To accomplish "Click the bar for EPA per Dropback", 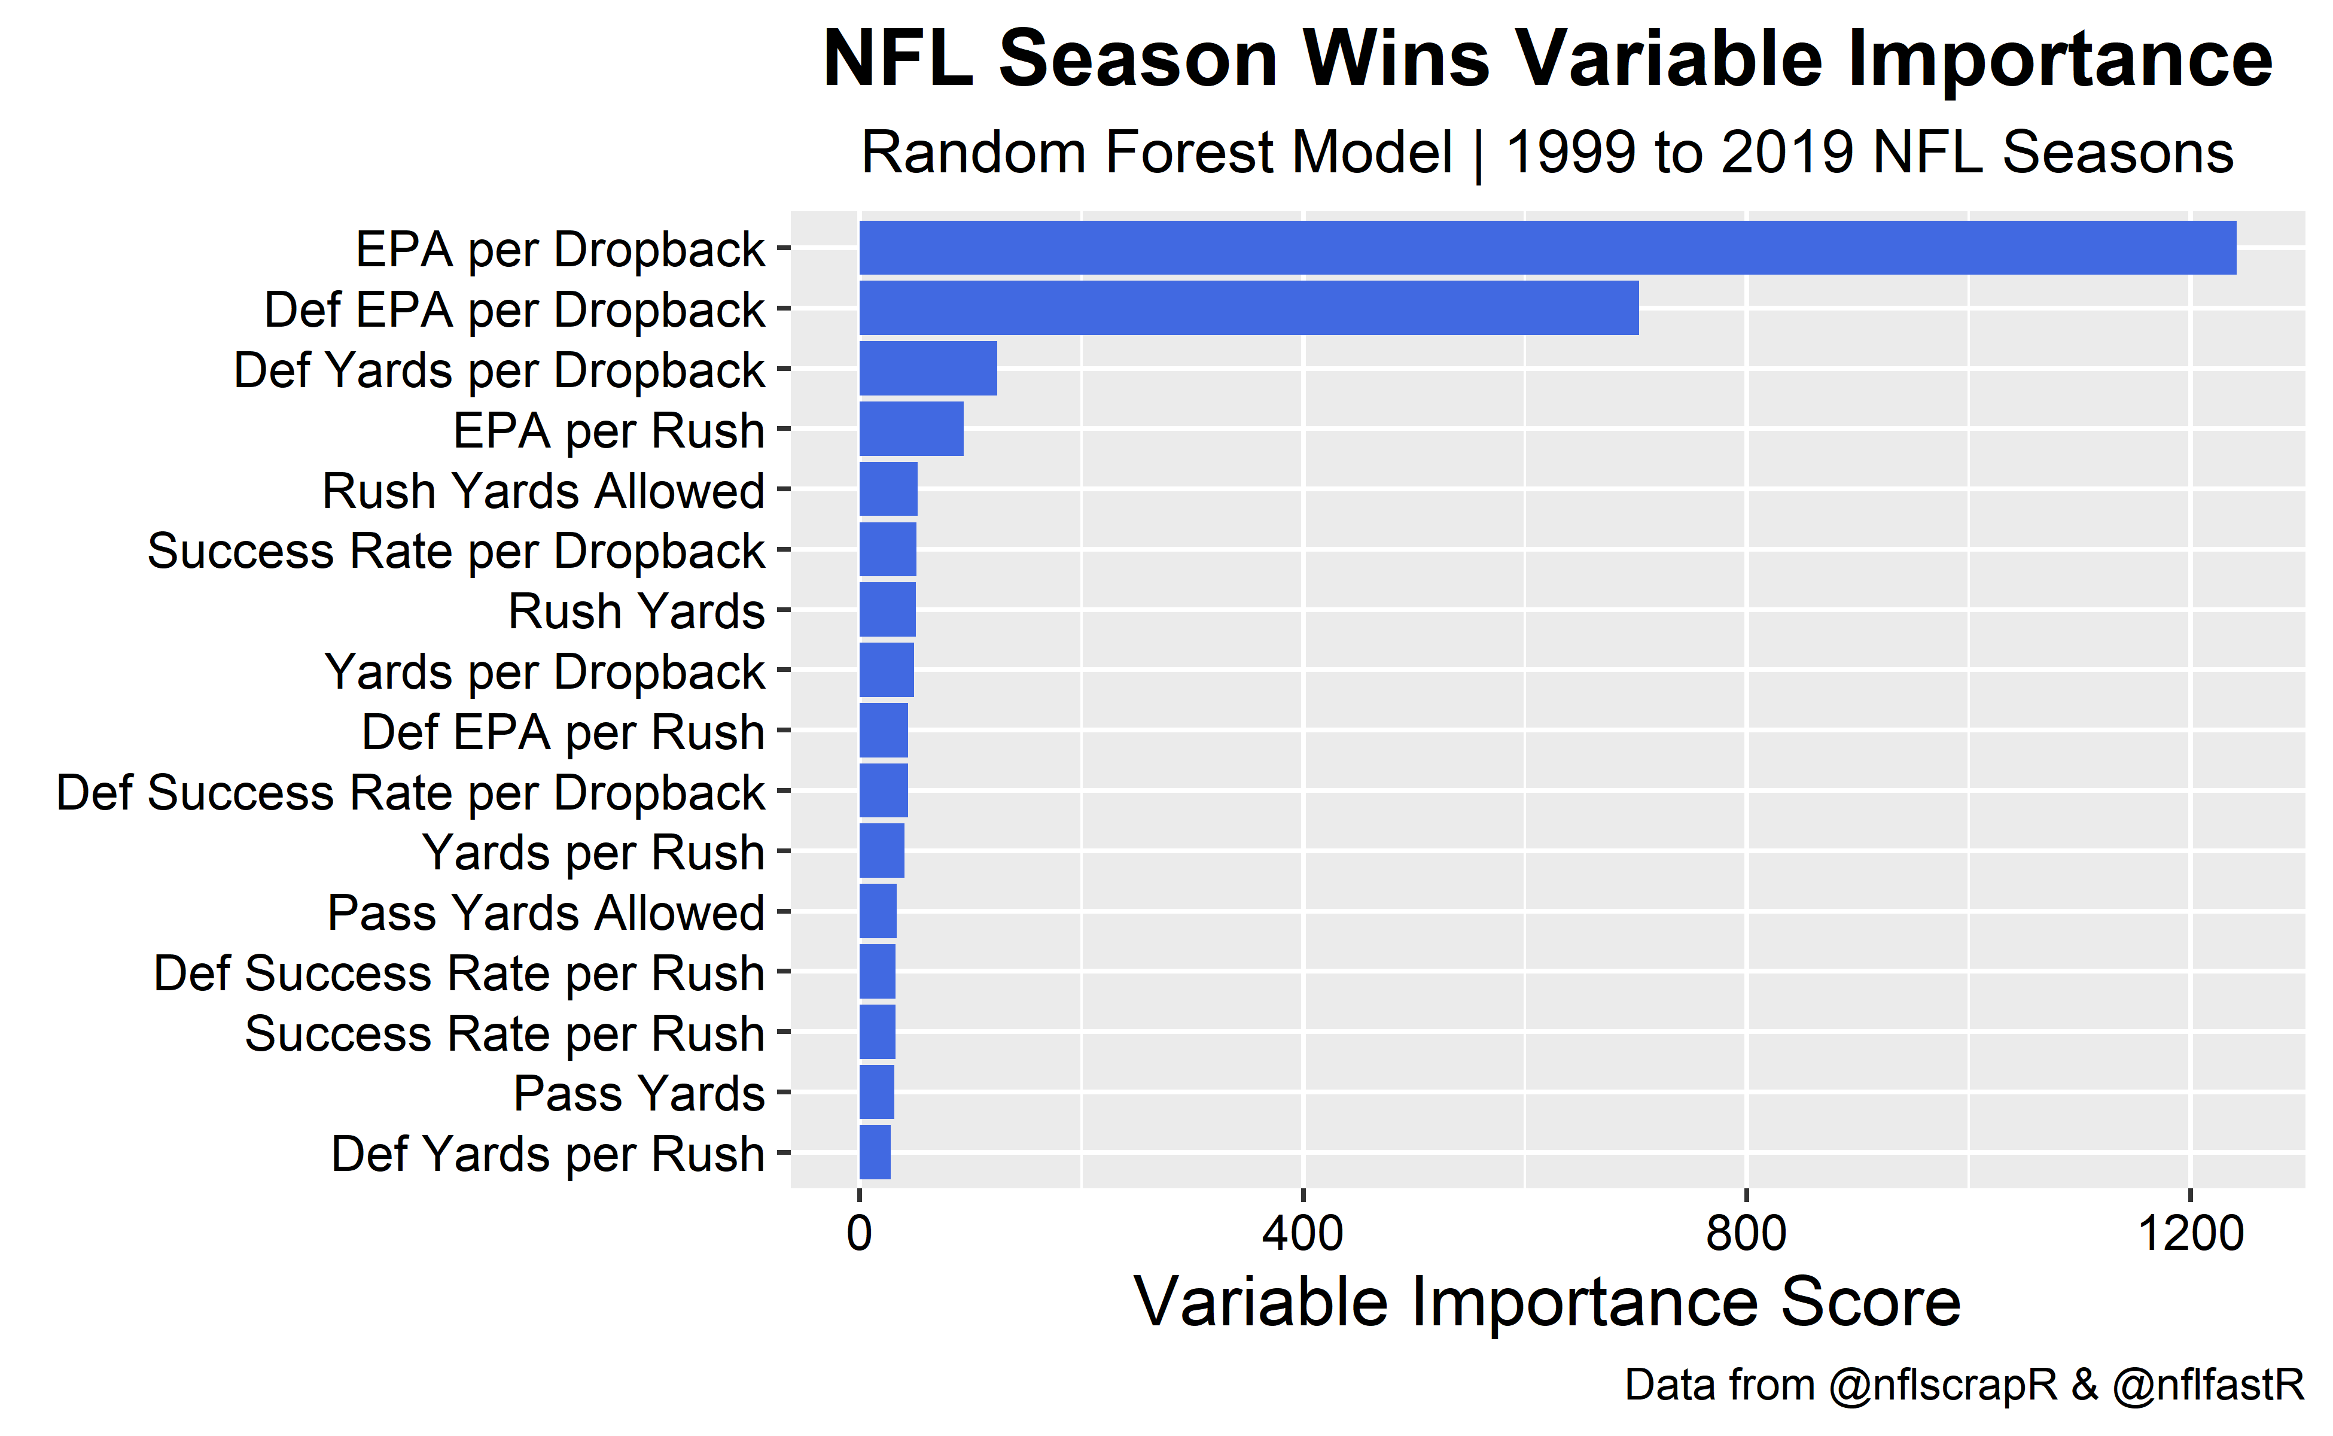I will (1547, 248).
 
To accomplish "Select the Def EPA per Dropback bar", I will (1248, 308).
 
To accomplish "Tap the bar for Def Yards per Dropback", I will (928, 369).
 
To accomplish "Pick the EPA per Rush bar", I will (910, 428).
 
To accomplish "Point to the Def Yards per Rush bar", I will (875, 1152).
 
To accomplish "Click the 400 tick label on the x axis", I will (1303, 1234).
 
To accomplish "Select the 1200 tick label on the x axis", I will (2189, 1234).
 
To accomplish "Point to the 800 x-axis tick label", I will (1746, 1234).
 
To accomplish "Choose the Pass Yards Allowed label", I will (546, 912).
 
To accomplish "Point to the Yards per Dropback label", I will (544, 671).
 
